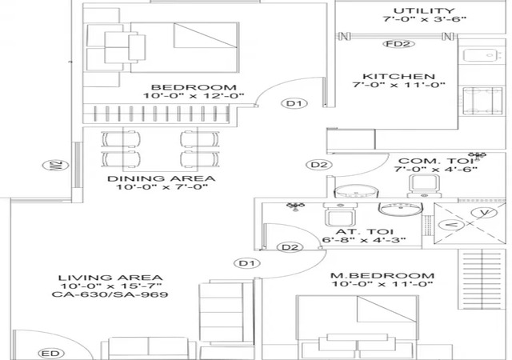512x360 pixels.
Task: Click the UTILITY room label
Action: click(x=423, y=10)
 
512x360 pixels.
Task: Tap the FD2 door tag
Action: click(x=398, y=44)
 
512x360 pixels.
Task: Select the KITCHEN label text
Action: click(x=398, y=77)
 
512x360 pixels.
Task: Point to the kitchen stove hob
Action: click(x=482, y=102)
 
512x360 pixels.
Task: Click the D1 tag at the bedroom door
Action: click(x=294, y=103)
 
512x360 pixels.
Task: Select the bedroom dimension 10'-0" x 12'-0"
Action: click(x=194, y=96)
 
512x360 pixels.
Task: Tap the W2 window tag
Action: click(x=55, y=166)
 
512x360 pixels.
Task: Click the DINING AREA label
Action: click(x=162, y=178)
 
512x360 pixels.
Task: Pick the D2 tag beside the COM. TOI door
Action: click(x=318, y=165)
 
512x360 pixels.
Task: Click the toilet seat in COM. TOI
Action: click(x=423, y=186)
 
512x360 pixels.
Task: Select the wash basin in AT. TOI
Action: click(x=401, y=210)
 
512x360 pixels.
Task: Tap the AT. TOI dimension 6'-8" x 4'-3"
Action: click(x=364, y=240)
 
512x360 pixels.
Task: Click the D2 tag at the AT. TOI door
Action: click(x=290, y=247)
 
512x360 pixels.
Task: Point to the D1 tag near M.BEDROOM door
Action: click(x=247, y=263)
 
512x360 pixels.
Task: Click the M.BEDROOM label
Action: click(x=382, y=276)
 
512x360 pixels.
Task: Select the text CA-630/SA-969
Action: click(x=110, y=294)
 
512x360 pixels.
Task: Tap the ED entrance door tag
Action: click(x=51, y=354)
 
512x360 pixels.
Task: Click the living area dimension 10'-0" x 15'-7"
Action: click(x=110, y=286)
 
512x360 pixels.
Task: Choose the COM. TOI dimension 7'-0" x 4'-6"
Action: click(x=435, y=170)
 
